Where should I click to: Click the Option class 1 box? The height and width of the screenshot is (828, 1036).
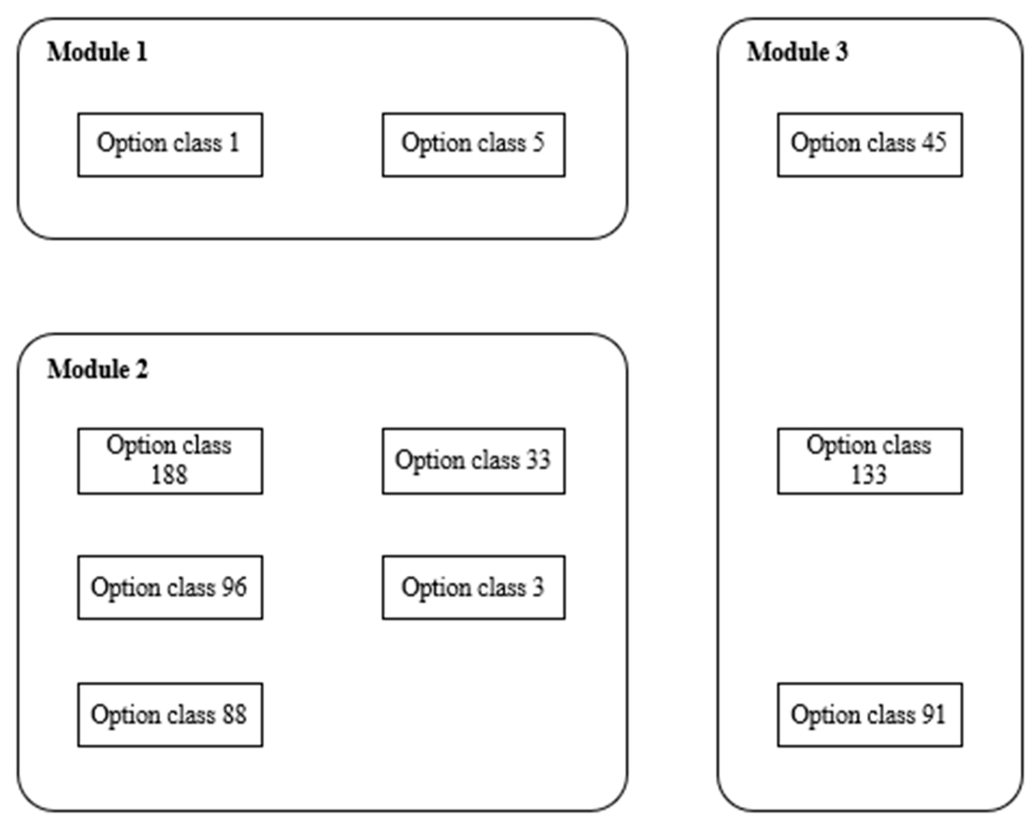tap(170, 145)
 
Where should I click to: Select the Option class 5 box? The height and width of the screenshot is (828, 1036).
tap(474, 145)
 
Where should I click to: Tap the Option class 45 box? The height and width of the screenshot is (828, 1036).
tap(870, 145)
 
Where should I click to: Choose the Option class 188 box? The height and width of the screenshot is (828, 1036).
tap(170, 461)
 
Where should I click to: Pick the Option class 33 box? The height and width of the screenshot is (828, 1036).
tap(474, 461)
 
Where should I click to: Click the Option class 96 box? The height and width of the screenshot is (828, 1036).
tap(170, 587)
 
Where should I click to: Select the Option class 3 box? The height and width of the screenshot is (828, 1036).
tap(474, 587)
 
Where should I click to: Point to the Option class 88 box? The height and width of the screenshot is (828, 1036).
tap(170, 715)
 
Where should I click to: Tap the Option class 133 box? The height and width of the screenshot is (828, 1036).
tap(870, 461)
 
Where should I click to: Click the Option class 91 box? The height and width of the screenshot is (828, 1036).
tap(870, 715)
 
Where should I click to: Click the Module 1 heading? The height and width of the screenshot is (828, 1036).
tap(97, 52)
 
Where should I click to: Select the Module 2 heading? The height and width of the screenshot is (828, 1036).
tap(97, 369)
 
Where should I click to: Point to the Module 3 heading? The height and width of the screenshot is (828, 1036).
tap(797, 52)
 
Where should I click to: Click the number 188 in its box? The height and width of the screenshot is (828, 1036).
tap(169, 475)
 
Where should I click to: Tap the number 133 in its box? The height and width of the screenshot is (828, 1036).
tap(869, 475)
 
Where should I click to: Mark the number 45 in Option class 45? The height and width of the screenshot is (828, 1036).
tap(933, 142)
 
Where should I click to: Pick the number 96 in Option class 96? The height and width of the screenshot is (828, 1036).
tap(233, 587)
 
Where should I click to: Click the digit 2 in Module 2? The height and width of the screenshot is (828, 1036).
tap(142, 369)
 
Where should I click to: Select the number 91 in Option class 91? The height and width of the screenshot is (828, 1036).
tap(933, 714)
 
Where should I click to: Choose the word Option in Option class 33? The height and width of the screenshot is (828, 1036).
tap(429, 461)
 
